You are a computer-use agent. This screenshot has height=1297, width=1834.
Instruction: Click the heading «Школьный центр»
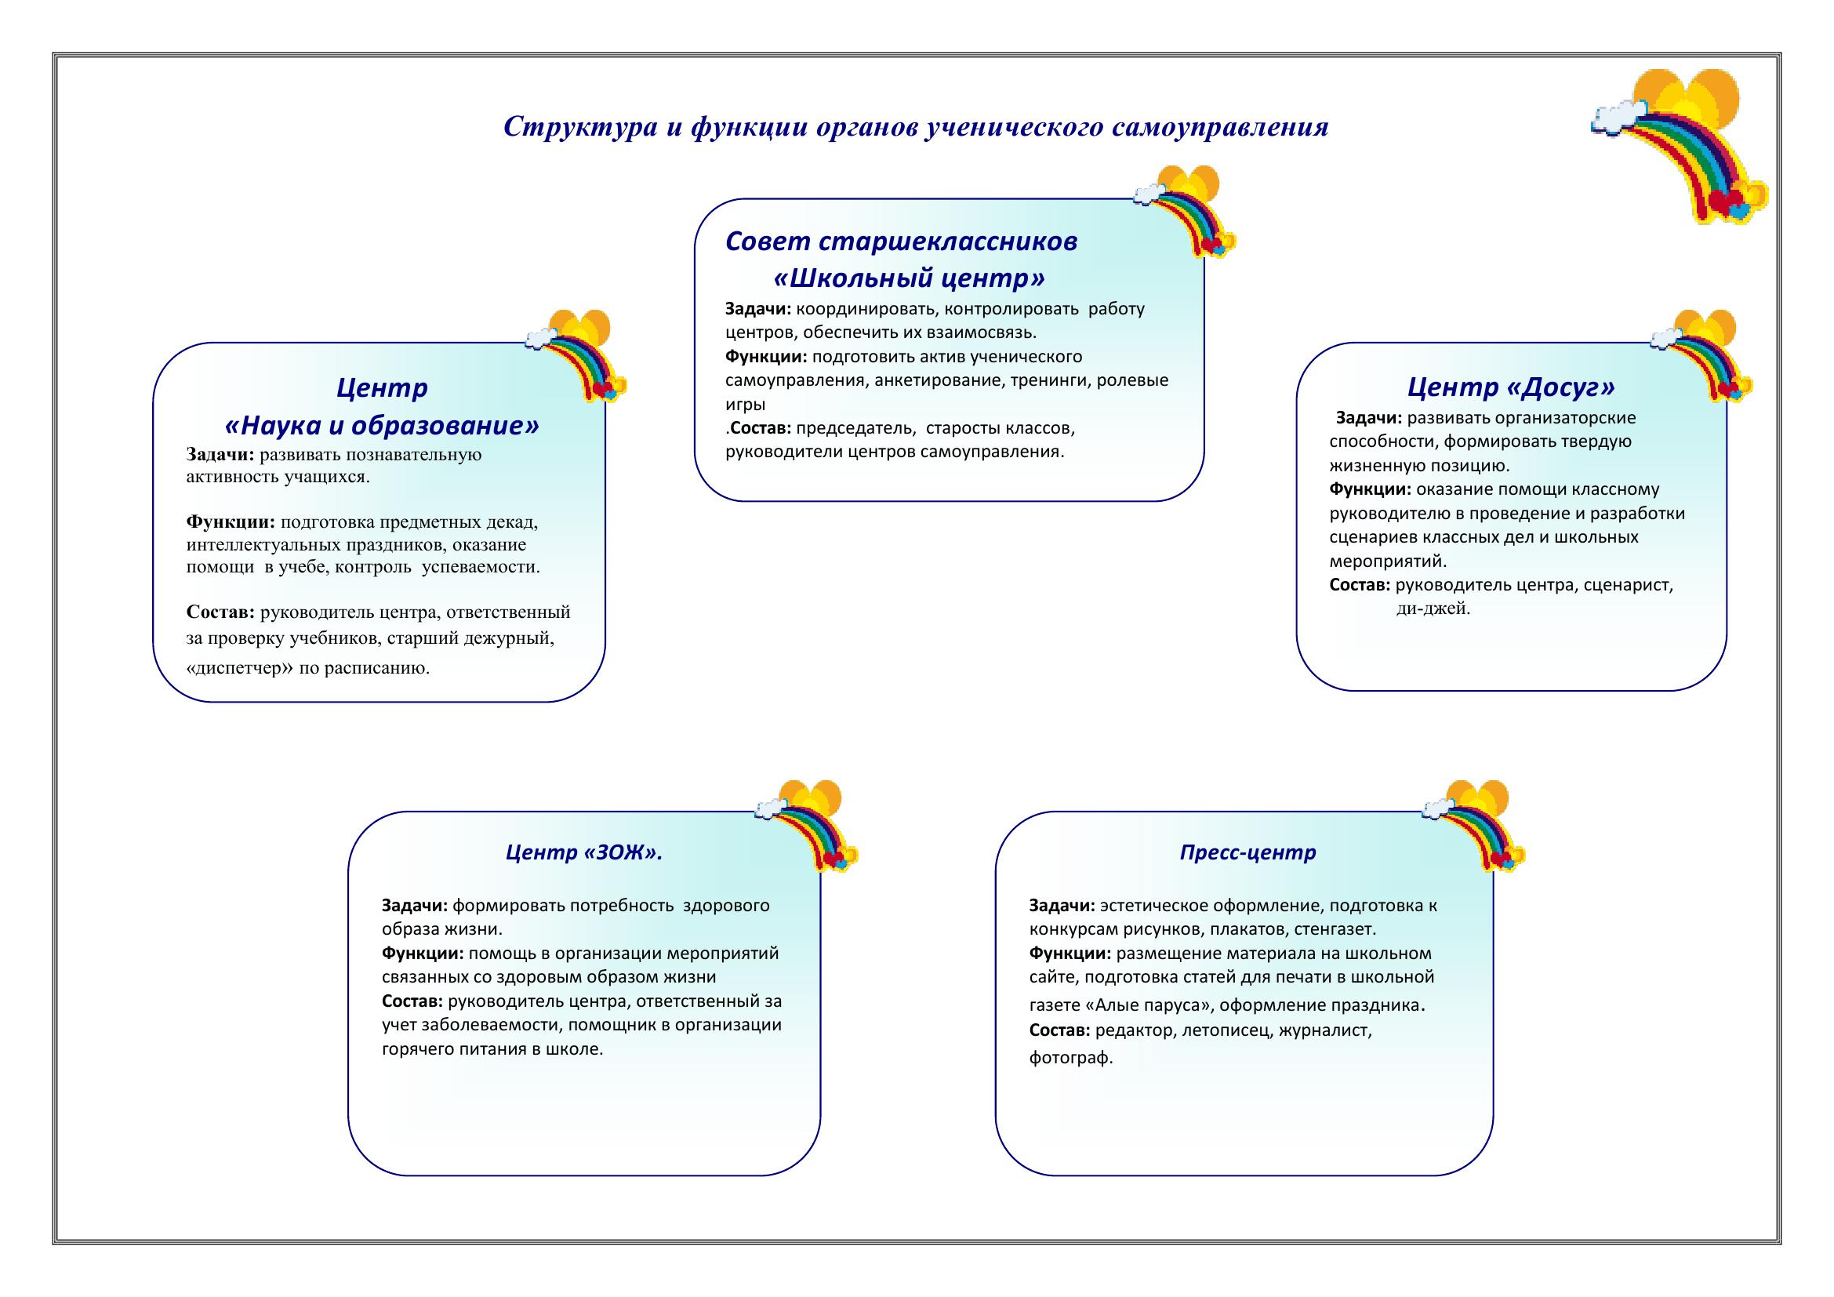click(x=910, y=278)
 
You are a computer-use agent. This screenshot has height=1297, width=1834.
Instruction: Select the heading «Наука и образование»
click(x=383, y=426)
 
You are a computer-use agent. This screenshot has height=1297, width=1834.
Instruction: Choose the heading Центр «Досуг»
click(x=1510, y=387)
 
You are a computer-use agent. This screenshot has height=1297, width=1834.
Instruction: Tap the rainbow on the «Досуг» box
click(x=1702, y=354)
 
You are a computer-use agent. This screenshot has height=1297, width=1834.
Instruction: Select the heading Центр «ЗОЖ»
click(x=585, y=853)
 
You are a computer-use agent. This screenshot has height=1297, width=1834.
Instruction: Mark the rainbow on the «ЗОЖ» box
click(x=807, y=825)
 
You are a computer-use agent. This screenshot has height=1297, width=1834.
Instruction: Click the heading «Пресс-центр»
click(x=1247, y=853)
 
